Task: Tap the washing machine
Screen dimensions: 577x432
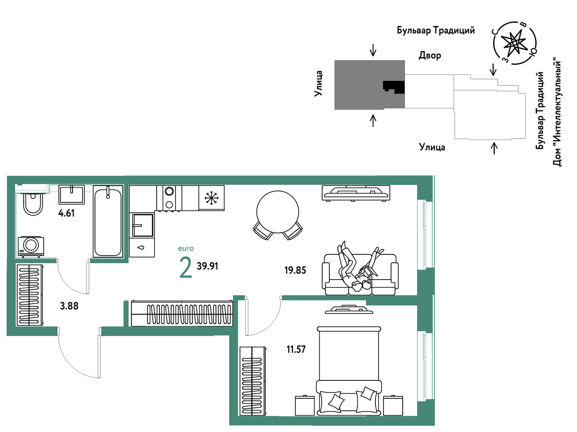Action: [31, 246]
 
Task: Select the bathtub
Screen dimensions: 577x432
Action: [108, 222]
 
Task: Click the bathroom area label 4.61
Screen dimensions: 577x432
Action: [67, 213]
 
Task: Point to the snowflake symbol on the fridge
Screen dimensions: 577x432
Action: [212, 198]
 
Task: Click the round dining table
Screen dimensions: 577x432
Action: [278, 212]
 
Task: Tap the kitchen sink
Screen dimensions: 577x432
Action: [143, 225]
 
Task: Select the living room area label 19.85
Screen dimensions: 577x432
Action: [295, 270]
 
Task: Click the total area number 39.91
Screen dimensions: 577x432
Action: [208, 266]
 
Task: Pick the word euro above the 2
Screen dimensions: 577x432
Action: [186, 248]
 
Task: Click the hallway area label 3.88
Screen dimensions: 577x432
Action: [69, 306]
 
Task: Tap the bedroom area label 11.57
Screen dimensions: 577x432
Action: [296, 349]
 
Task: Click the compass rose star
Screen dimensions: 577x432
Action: [514, 43]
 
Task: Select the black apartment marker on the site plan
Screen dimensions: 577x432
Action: [393, 87]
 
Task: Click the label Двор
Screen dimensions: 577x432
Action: [430, 56]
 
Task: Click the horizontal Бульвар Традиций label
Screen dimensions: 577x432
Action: [436, 30]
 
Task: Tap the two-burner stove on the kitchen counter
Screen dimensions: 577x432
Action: [169, 198]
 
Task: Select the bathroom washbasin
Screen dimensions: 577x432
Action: [71, 194]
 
